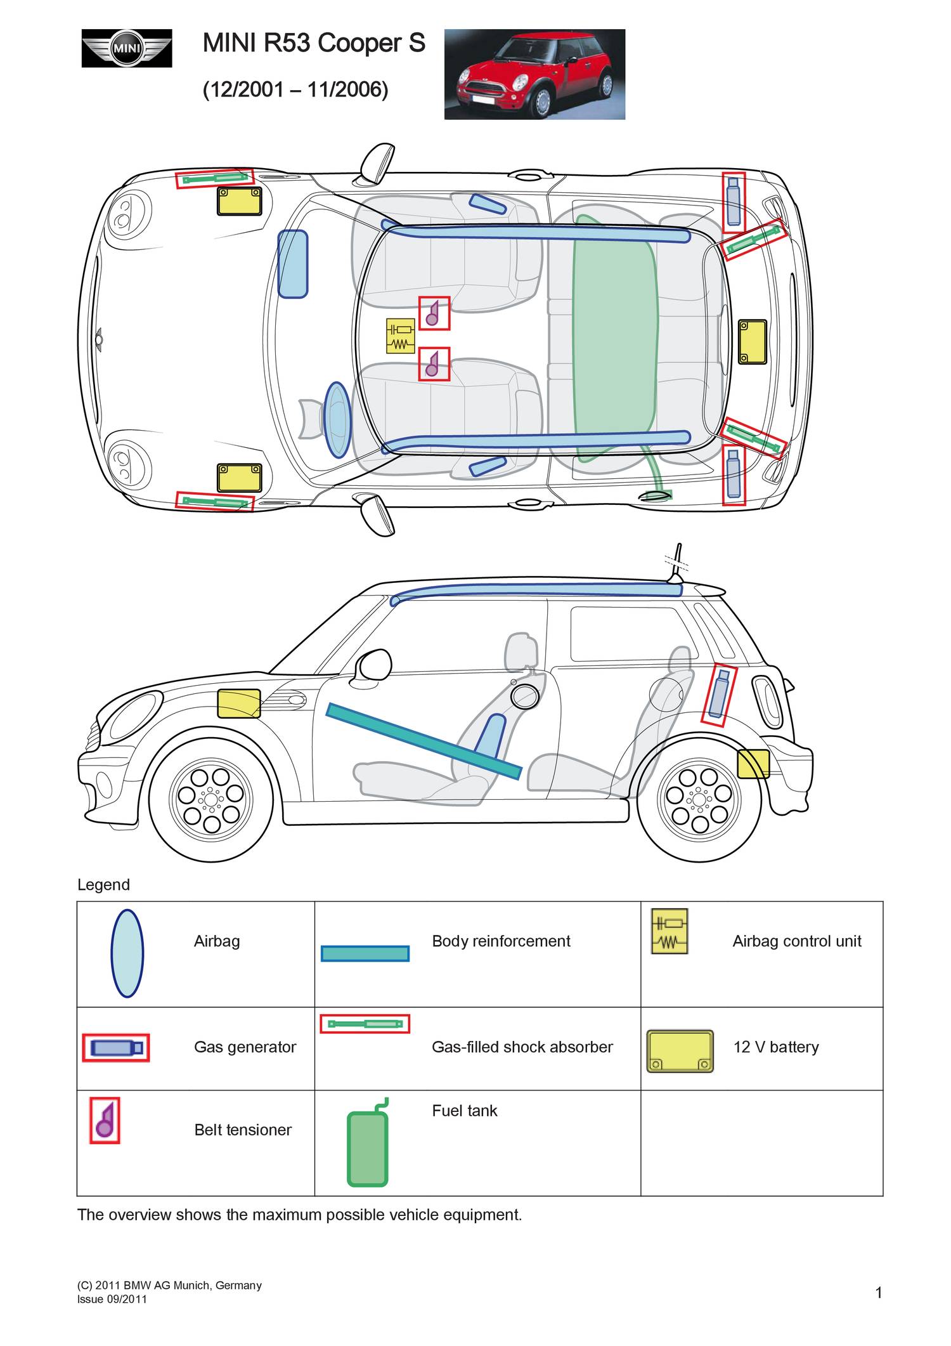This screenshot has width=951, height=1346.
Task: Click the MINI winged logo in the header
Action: pos(127,48)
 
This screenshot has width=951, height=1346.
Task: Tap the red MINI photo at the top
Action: pos(534,74)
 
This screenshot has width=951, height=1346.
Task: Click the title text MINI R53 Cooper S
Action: pos(314,43)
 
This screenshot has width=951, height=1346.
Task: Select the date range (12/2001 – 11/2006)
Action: pos(295,89)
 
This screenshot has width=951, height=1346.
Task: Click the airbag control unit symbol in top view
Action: pos(400,336)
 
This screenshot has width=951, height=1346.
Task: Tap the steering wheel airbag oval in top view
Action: pos(337,419)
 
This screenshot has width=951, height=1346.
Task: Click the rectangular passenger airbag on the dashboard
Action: pos(293,264)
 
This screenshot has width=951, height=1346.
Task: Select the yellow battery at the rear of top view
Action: pos(753,341)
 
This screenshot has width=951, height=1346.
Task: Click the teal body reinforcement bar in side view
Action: pos(424,740)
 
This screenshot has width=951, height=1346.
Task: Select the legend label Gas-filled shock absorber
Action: pos(522,1047)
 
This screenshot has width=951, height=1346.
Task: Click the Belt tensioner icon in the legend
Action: pos(105,1120)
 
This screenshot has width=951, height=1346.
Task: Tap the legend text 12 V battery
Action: pos(776,1047)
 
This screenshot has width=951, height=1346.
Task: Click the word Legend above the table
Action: pos(103,885)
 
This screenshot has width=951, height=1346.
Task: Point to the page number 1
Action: pos(879,1293)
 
